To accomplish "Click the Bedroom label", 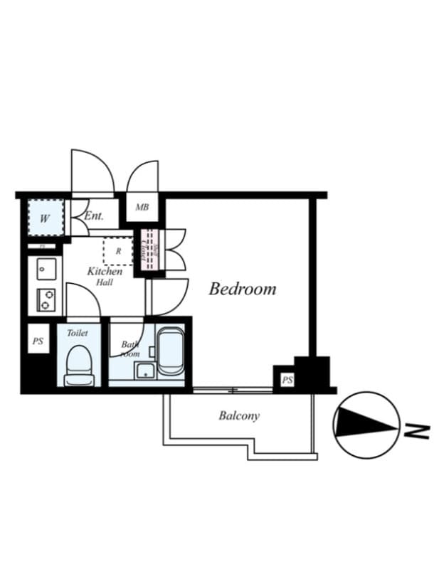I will pos(242,289).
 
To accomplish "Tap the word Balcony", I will pos(238,416).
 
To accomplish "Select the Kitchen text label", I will pos(105,271).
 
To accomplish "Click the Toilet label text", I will pos(78,333).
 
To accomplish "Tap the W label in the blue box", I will pos(44,219).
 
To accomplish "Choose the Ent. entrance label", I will pos(94,216).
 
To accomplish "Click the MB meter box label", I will pos(142,208).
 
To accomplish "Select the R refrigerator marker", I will pos(118,250).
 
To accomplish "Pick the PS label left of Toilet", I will pos(38,341).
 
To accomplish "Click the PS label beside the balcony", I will pos(287,381).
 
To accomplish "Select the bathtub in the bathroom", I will pos(170,351).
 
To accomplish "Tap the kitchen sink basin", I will pos(46,269).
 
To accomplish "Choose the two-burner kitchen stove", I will pos(46,299).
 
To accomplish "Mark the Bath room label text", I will pos(130,349).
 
